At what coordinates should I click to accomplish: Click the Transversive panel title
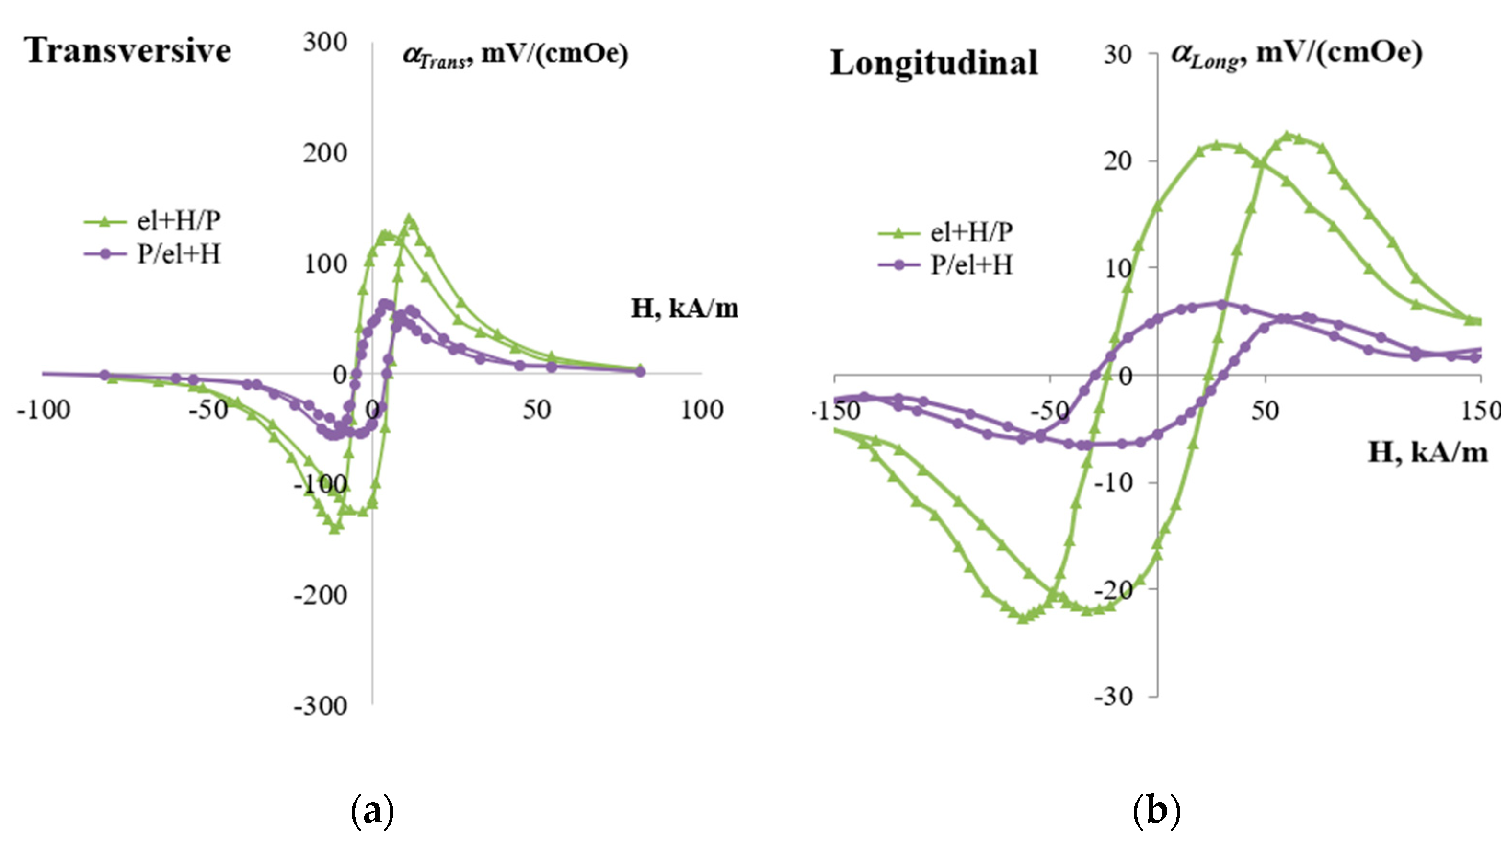[x=128, y=51]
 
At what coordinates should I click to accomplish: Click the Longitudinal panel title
[x=934, y=63]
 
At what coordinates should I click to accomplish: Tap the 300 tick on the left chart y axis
[x=325, y=43]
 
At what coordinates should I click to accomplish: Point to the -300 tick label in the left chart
[x=320, y=706]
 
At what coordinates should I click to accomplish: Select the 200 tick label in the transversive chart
[x=325, y=153]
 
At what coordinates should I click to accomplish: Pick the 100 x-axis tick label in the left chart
[x=702, y=410]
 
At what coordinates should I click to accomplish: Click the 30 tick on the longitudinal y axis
[x=1117, y=55]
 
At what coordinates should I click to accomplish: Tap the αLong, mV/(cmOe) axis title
[x=1296, y=54]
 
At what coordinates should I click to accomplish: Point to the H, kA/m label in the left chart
[x=684, y=309]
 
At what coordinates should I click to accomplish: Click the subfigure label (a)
[x=372, y=811]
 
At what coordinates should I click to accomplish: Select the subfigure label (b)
[x=1156, y=811]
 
